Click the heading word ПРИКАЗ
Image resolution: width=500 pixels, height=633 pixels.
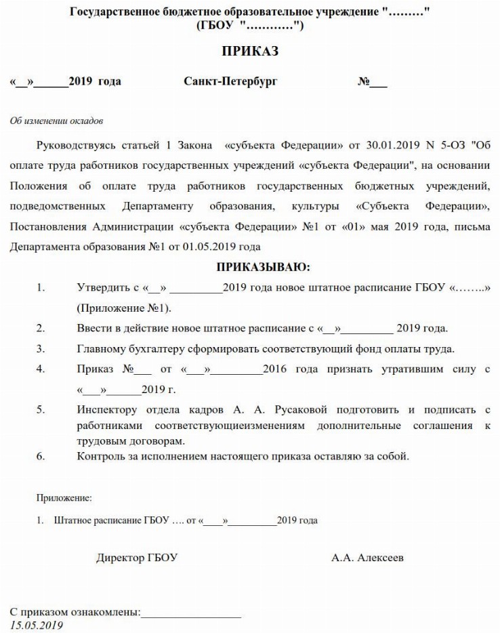[x=250, y=52]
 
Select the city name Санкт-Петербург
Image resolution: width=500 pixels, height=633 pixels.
[x=230, y=82]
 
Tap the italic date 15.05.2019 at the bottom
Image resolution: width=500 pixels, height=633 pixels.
[x=37, y=625]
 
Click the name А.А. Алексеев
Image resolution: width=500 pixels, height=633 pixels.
[x=367, y=558]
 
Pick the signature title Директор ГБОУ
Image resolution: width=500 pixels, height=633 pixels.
[x=137, y=558]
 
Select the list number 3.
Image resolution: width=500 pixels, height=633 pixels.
[x=41, y=349]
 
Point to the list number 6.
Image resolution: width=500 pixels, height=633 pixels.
[x=41, y=455]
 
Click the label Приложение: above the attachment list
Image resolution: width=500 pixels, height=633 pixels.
[x=64, y=498]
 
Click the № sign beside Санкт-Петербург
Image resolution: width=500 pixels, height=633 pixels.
[x=364, y=82]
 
